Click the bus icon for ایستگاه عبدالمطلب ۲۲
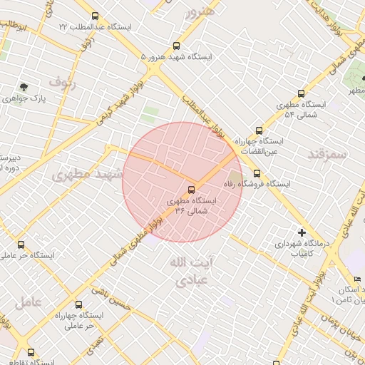click(x=96, y=16)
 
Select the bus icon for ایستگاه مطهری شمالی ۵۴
click(x=302, y=93)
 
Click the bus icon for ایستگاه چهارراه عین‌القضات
click(x=258, y=130)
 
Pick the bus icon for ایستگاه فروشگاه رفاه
click(x=257, y=173)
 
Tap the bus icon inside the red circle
click(x=191, y=190)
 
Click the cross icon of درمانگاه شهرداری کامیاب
click(x=302, y=232)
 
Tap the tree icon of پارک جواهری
click(x=24, y=88)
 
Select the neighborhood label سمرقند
click(x=327, y=153)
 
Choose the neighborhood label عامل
click(x=28, y=302)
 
